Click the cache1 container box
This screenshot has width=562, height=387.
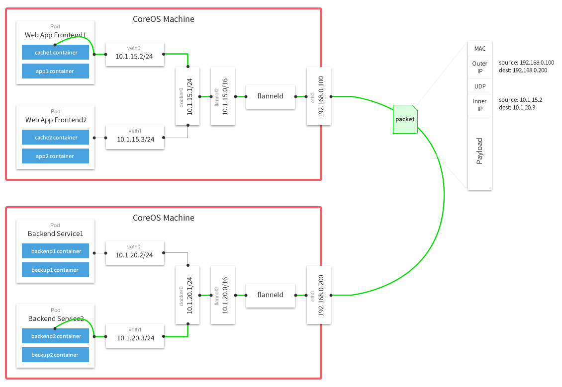55,52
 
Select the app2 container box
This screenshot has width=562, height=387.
55,156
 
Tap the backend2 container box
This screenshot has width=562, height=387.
55,336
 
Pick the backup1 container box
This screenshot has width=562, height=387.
55,270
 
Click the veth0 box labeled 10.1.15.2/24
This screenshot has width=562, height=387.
134,54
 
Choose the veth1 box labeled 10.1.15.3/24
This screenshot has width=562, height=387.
134,137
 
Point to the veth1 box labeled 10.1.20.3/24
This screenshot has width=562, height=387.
134,336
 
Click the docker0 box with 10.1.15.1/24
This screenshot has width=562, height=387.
187,97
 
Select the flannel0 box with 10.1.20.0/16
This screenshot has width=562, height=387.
222,295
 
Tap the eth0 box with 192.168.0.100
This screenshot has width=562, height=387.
318,96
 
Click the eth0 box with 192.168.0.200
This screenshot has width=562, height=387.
318,295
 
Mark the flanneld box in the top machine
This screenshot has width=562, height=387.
270,96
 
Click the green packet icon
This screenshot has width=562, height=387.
405,119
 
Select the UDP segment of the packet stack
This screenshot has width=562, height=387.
480,86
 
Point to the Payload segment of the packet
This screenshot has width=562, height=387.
480,152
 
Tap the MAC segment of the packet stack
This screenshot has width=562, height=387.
480,49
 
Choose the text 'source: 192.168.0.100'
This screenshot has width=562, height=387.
526,63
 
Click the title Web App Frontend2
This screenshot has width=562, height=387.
56,120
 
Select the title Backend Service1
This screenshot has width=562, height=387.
55,233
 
